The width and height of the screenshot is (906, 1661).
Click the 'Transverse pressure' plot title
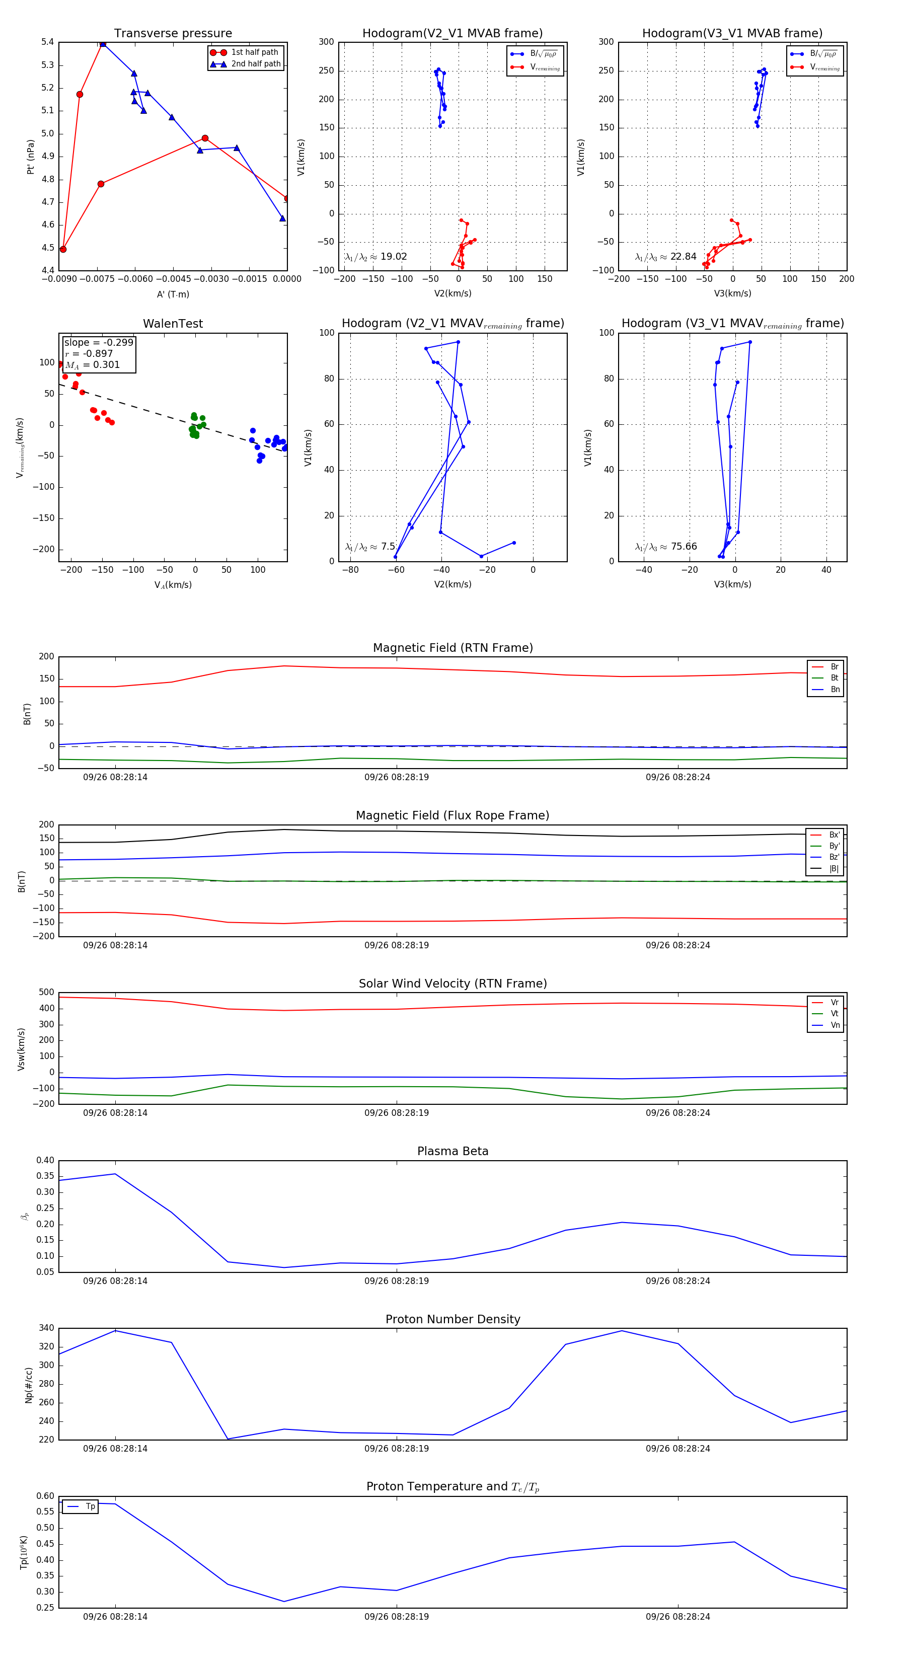(173, 34)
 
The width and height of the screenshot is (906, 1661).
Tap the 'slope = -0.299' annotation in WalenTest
(99, 342)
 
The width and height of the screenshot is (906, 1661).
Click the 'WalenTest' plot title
(173, 324)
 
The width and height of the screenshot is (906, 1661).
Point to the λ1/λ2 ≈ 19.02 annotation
(376, 257)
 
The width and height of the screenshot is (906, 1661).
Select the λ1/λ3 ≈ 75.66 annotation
(665, 547)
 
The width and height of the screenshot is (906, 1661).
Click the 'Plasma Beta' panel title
(452, 1151)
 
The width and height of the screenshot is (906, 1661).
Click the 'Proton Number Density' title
(452, 1319)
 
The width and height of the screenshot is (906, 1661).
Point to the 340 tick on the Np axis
(46, 1328)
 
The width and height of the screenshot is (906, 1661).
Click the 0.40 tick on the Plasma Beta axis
(45, 1160)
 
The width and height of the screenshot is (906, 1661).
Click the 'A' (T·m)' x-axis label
(173, 294)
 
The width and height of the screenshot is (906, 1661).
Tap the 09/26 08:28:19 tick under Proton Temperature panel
(396, 1617)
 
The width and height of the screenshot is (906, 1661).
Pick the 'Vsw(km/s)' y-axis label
(21, 1049)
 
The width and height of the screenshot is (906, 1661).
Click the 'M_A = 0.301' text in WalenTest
(92, 365)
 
